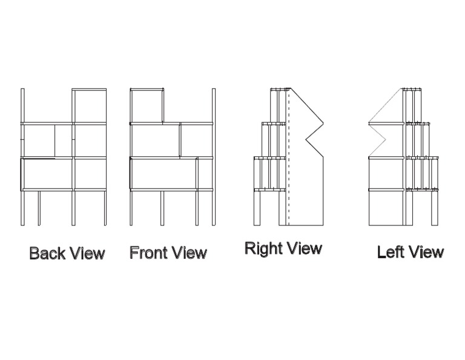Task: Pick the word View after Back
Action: (x=85, y=253)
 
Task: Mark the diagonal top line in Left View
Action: (x=386, y=107)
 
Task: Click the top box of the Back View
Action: (x=90, y=106)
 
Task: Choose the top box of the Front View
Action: (x=147, y=106)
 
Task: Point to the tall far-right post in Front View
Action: (x=214, y=157)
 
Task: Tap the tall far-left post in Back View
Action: (x=22, y=157)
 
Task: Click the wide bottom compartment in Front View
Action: (x=163, y=174)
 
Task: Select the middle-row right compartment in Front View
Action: (x=196, y=140)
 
